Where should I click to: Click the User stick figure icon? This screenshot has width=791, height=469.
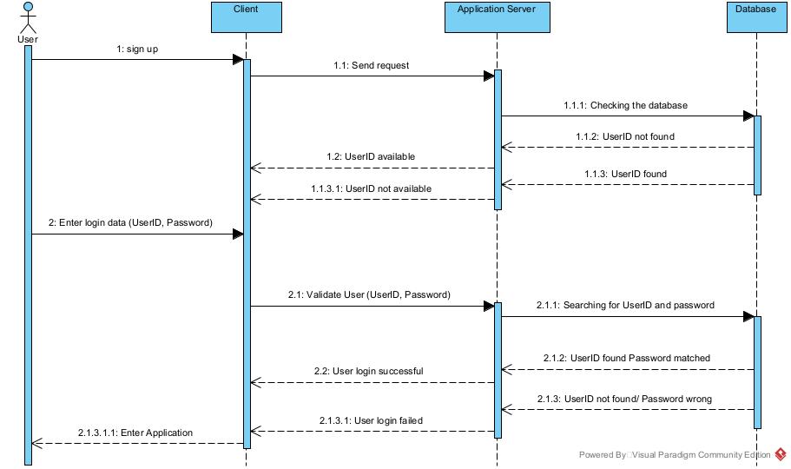coord(28,18)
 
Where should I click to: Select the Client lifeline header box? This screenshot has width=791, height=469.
coord(246,17)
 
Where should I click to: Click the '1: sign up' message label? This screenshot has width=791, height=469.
coord(137,50)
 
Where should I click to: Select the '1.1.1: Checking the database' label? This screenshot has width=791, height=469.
coord(626,105)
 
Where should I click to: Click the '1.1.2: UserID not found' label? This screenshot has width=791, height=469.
coord(625,137)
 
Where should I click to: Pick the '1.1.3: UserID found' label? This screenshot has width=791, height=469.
coord(625,174)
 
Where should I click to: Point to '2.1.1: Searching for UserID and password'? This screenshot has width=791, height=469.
coord(625,306)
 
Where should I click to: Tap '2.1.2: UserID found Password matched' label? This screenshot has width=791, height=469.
coord(625,358)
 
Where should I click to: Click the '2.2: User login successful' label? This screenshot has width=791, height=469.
coord(369,371)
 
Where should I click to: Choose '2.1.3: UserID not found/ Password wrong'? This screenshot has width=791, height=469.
coord(625,399)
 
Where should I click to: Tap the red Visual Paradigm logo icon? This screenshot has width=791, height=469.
coord(781,453)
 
